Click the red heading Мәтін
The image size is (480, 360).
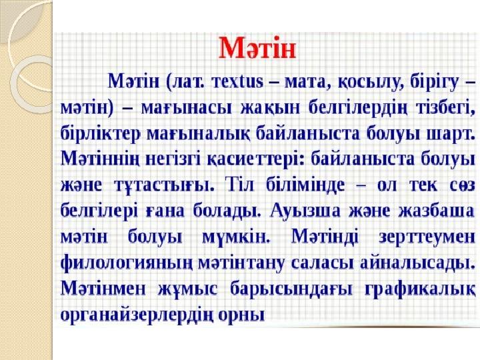(x=257, y=48)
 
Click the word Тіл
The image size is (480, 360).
(x=239, y=185)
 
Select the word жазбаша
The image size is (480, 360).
(x=437, y=211)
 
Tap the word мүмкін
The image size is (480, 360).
(x=236, y=237)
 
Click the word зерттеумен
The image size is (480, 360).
(x=427, y=237)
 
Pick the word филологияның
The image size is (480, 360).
(x=127, y=263)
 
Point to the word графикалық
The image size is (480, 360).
(x=420, y=289)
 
